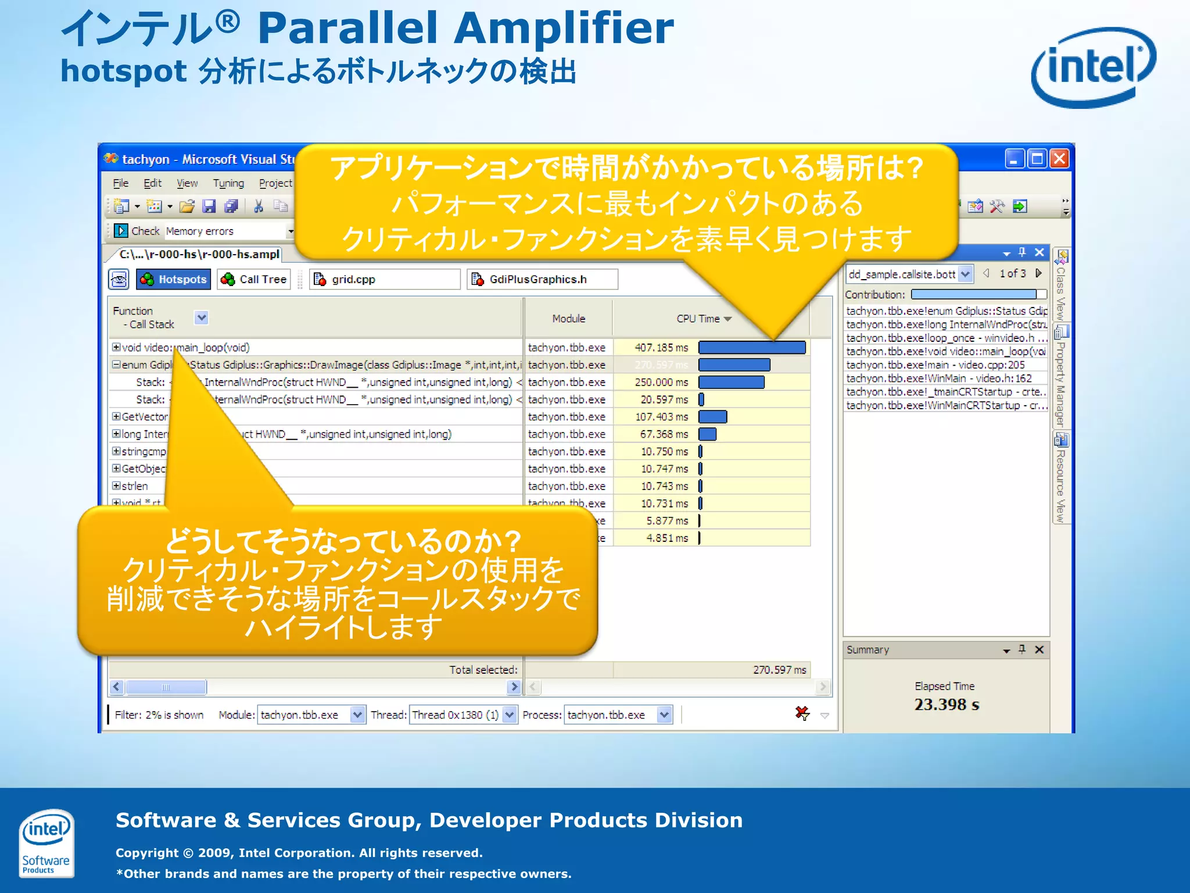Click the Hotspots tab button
[173, 280]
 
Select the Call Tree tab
[254, 280]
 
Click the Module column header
[568, 319]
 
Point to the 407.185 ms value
[661, 348]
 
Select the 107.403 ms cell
[661, 417]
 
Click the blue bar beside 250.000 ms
[731, 383]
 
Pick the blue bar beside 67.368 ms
[707, 434]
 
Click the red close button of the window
[1059, 159]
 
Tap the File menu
[121, 184]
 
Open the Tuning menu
[228, 184]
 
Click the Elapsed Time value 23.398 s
[946, 705]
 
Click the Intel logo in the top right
[1093, 67]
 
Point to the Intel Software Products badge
[46, 842]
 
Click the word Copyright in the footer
[147, 853]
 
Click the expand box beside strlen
[116, 486]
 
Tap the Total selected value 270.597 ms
[779, 670]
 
